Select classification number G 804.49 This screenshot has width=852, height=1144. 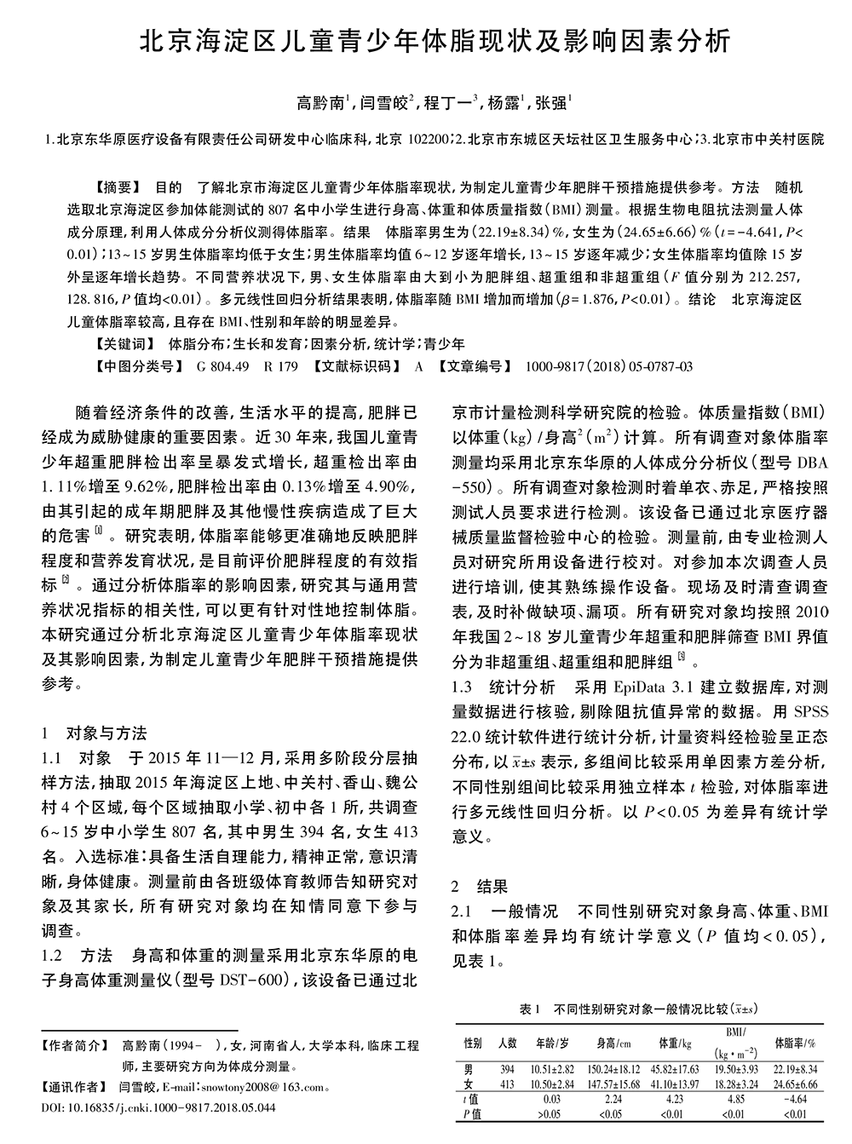222,367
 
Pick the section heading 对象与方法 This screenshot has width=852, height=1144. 106,733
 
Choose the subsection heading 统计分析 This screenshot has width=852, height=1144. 523,687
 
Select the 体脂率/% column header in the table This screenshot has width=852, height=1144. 795,1043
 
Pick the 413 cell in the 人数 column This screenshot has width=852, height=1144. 507,1084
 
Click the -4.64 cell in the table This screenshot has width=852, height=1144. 795,1099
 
